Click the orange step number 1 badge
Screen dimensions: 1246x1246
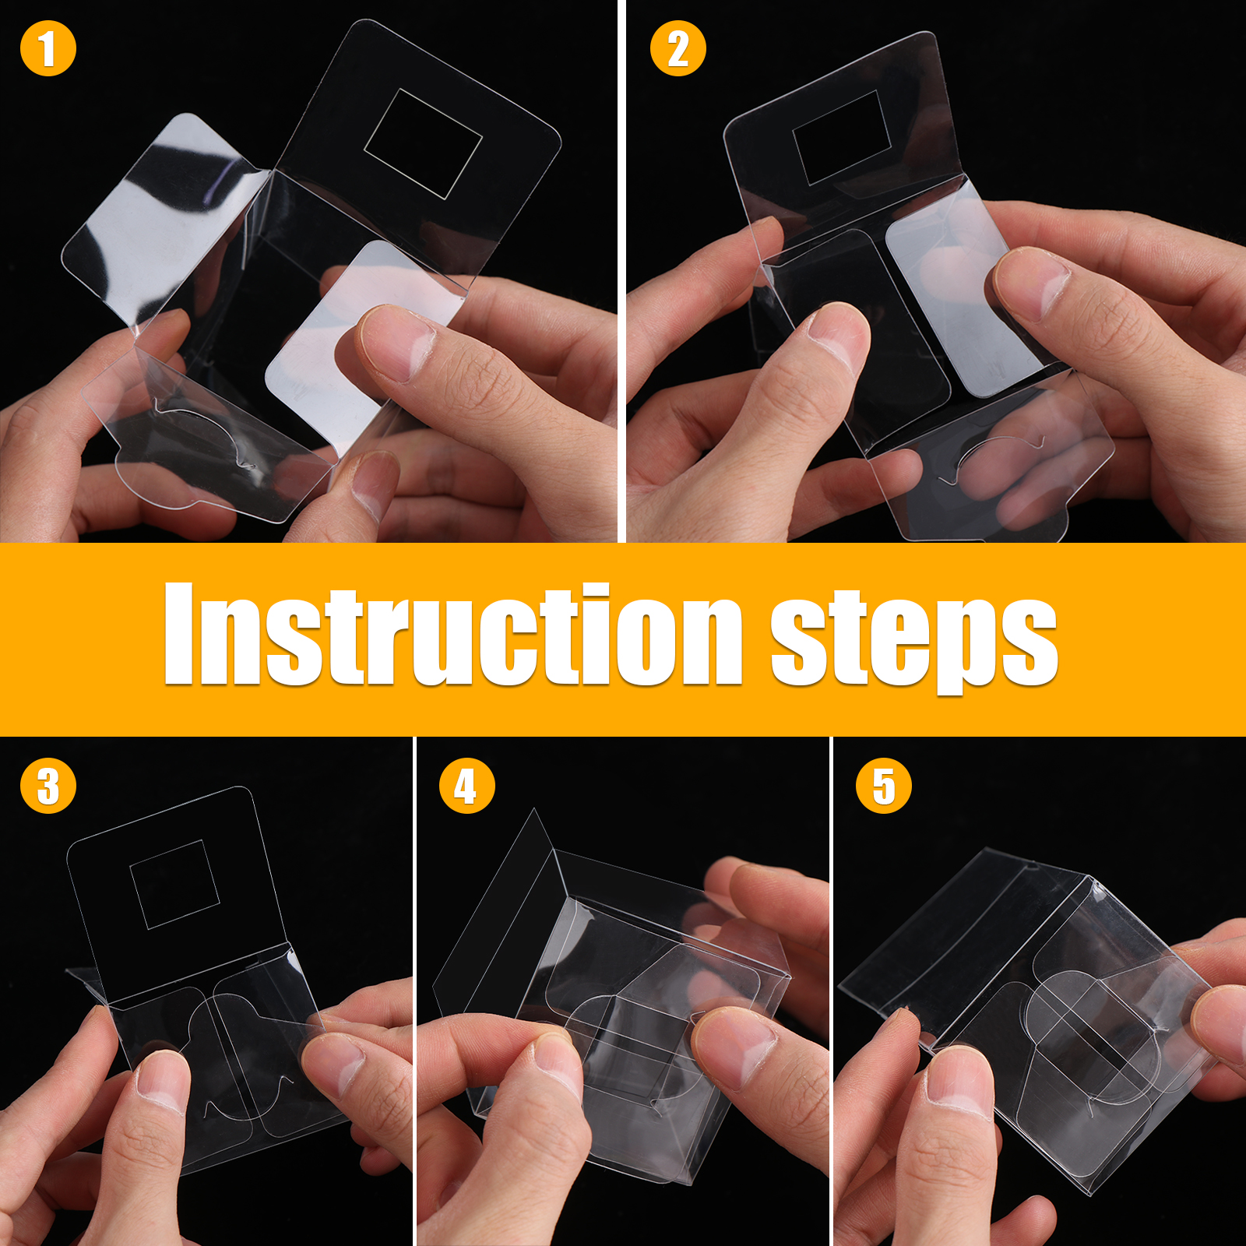(x=48, y=48)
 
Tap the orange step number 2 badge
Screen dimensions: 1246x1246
(x=678, y=48)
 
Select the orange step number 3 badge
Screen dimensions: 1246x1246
(x=48, y=786)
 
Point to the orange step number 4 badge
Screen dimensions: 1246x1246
(x=467, y=786)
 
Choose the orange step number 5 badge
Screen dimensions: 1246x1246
(x=884, y=786)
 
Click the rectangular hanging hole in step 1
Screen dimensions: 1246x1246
(x=424, y=144)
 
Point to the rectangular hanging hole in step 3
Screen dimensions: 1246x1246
(x=175, y=884)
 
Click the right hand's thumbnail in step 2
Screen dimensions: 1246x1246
(x=1032, y=284)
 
